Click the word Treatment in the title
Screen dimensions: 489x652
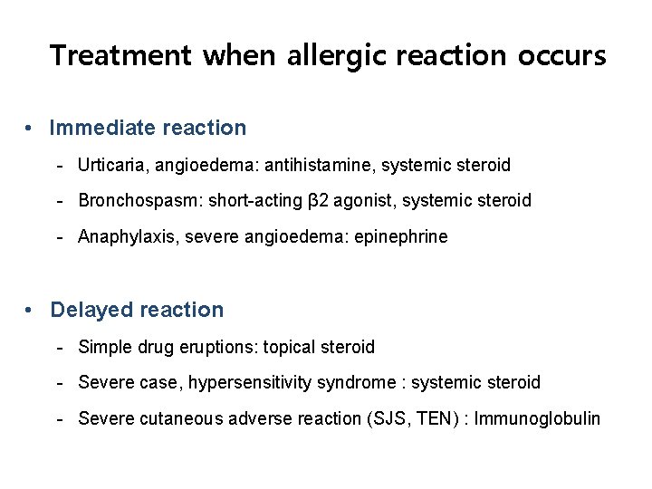tap(120, 55)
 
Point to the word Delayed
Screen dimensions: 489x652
tap(91, 310)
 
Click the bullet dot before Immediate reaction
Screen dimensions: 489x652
tap(31, 128)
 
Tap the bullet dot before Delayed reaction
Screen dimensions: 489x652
tap(31, 310)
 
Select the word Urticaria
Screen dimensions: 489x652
tap(112, 165)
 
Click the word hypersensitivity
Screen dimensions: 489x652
tap(251, 383)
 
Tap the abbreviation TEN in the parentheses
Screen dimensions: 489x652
tap(441, 419)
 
